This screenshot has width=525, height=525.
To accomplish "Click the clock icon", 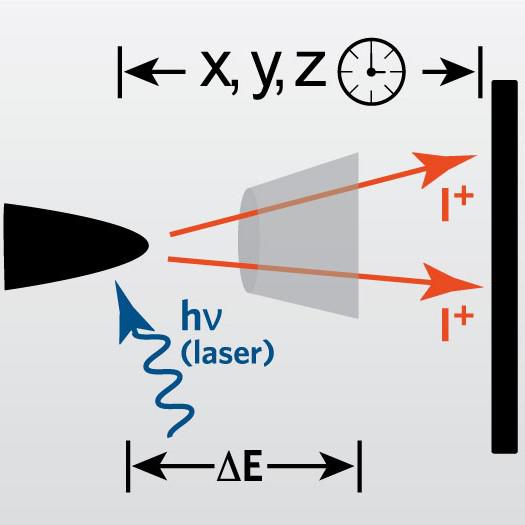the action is [371, 72].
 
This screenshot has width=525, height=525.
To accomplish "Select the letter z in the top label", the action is [310, 69].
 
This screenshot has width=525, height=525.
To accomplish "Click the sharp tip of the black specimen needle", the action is [148, 246].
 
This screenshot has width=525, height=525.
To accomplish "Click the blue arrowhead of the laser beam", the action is [130, 311].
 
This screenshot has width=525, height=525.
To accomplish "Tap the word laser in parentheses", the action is [227, 354].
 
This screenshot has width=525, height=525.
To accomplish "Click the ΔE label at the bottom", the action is [240, 467].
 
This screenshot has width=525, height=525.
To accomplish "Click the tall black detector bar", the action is [504, 267].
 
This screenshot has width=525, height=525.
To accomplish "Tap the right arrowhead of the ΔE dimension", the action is [336, 466].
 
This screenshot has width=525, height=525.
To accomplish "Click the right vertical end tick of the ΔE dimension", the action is [360, 466].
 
